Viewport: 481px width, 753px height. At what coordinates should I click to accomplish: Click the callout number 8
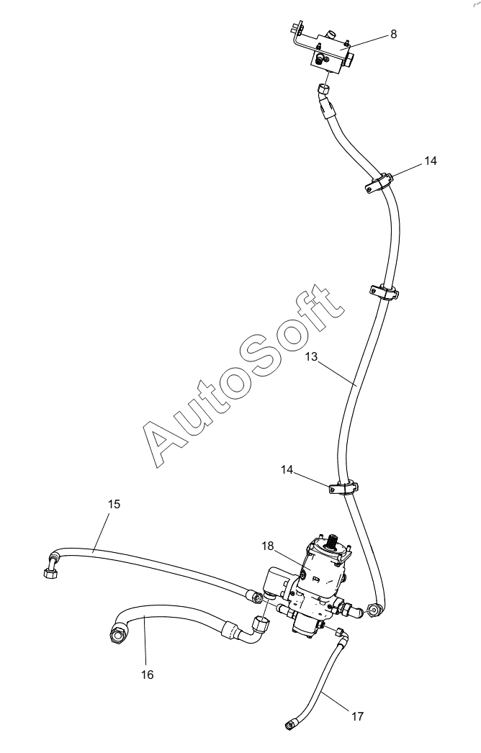[x=392, y=34]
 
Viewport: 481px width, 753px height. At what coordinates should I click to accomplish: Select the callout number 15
[x=114, y=505]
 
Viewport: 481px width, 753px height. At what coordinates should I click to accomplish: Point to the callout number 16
[x=147, y=675]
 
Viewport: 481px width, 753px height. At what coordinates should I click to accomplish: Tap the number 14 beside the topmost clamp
[x=430, y=161]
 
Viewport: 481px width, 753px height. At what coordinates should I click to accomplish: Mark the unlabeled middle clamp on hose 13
[x=384, y=292]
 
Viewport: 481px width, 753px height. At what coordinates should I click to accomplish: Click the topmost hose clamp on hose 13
[x=378, y=182]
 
